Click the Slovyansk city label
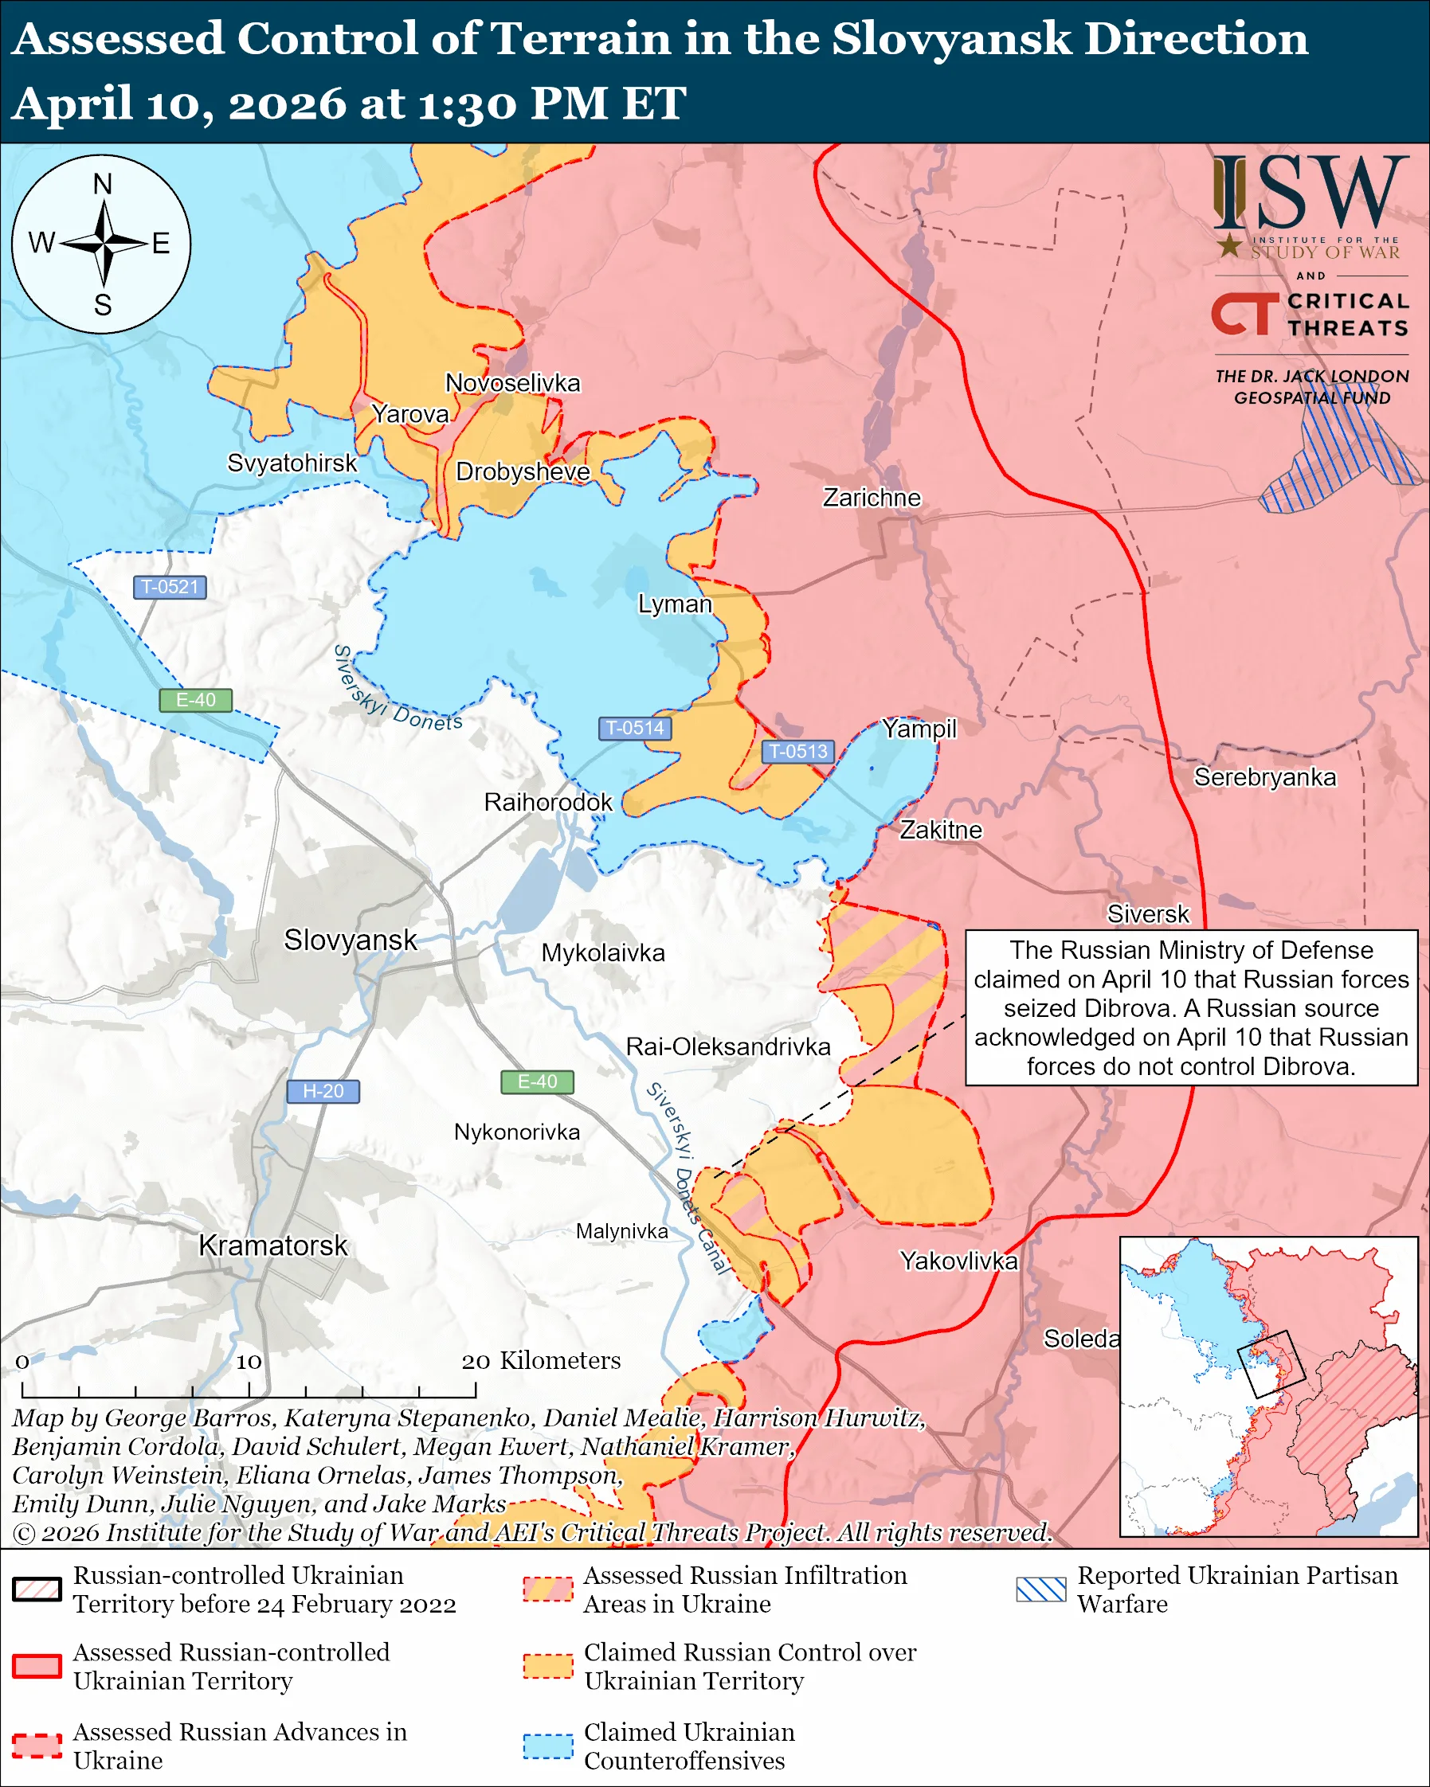[350, 940]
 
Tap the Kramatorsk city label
[272, 1245]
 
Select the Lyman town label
[674, 604]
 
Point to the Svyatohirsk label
[292, 463]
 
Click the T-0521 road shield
[170, 587]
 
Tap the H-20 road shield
[323, 1091]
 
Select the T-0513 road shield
[797, 751]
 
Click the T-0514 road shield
[634, 728]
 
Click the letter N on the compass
[102, 184]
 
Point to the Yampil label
[919, 729]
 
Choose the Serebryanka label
[1264, 777]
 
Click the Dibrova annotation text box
[1190, 1007]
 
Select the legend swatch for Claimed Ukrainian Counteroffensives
[548, 1746]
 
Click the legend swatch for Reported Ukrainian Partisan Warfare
[1040, 1589]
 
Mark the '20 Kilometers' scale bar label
[540, 1360]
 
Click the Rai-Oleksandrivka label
[728, 1047]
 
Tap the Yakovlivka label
[958, 1261]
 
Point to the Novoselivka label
[512, 383]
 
